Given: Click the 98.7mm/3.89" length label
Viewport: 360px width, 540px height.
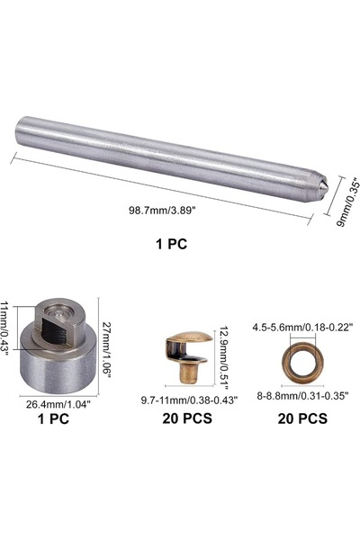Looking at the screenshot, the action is pyautogui.click(x=162, y=210).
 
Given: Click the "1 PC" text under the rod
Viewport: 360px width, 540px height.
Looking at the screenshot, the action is pyautogui.click(x=171, y=244).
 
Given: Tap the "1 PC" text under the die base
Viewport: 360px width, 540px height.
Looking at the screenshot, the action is pyautogui.click(x=53, y=418).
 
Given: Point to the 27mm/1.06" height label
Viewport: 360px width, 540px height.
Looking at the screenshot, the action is pyautogui.click(x=106, y=350).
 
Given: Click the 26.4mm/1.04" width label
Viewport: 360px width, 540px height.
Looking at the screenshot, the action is pyautogui.click(x=58, y=403).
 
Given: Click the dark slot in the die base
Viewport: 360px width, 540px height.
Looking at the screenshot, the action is pyautogui.click(x=55, y=330).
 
